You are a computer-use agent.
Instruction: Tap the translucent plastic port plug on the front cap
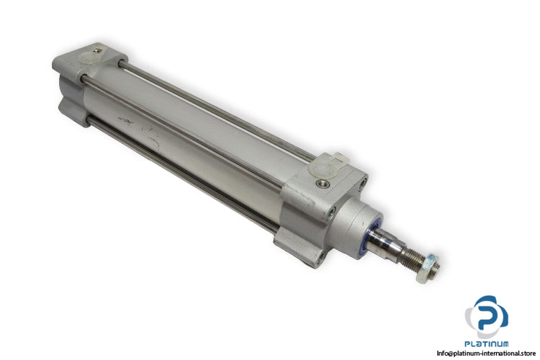319,166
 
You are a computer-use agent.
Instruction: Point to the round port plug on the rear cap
86,57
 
